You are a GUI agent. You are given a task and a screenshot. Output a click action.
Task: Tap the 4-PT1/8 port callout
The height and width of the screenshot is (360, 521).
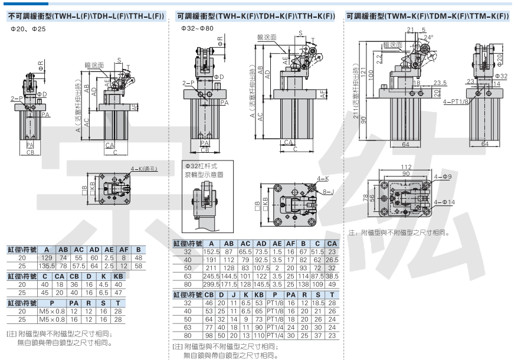click(455, 102)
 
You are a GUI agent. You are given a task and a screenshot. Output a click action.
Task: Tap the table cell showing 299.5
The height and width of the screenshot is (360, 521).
click(212, 284)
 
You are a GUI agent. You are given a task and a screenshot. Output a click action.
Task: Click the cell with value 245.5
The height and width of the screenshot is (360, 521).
click(212, 276)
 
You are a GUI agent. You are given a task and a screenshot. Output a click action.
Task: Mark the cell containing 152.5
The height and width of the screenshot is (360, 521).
click(212, 251)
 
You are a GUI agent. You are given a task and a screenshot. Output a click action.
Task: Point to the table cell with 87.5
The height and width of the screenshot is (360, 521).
click(317, 276)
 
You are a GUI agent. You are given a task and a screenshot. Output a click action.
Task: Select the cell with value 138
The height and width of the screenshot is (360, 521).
click(304, 284)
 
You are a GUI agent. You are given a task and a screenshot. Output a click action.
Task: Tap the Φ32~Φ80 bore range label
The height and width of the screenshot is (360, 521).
click(198, 28)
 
